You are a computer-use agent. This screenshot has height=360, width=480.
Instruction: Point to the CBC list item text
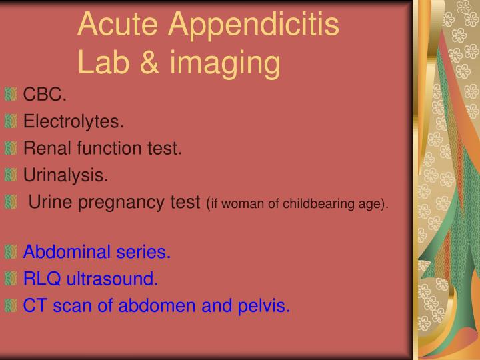[x=45, y=95]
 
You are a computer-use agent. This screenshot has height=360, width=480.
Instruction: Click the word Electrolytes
[x=73, y=121]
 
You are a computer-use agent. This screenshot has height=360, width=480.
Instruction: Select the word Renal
[x=45, y=148]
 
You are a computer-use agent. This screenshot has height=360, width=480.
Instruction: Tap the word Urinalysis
[x=65, y=175]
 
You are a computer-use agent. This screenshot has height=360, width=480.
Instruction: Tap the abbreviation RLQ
[x=41, y=279]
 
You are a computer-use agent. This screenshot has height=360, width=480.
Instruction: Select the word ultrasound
[x=111, y=279]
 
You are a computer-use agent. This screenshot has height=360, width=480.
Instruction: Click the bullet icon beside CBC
[x=10, y=95]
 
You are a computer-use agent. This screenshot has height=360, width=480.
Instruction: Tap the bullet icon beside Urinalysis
[x=10, y=175]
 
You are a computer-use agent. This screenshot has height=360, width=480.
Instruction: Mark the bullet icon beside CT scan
[x=10, y=306]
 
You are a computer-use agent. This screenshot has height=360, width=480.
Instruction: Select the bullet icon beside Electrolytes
[x=10, y=121]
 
